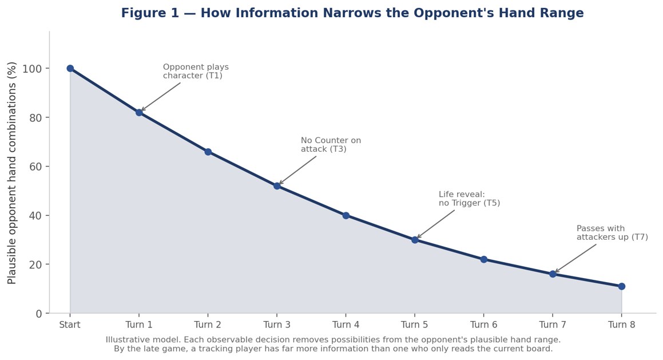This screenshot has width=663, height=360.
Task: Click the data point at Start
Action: click(70, 69)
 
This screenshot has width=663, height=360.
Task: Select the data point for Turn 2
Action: click(208, 152)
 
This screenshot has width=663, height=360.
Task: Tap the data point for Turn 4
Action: click(346, 215)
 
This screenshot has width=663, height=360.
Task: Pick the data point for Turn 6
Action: click(484, 259)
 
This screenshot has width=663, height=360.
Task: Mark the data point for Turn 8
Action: click(622, 286)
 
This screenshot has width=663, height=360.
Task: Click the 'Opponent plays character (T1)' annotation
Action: click(196, 72)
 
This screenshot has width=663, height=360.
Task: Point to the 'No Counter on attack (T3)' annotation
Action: click(331, 145)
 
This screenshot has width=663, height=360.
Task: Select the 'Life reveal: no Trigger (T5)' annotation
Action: click(469, 199)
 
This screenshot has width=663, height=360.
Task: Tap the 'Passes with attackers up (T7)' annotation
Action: click(612, 233)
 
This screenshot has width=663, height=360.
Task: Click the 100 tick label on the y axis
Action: click(31, 69)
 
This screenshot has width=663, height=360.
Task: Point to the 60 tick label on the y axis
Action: click(36, 167)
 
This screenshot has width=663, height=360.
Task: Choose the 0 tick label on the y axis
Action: click(39, 314)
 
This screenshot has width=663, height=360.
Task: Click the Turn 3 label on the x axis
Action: click(277, 325)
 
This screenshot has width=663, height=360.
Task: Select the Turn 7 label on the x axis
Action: click(553, 325)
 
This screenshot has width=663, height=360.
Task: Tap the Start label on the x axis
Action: click(70, 325)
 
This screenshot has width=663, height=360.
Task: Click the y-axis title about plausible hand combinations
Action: click(12, 173)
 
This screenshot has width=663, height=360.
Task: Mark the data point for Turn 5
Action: click(415, 240)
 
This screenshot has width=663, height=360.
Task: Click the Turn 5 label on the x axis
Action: click(415, 325)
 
